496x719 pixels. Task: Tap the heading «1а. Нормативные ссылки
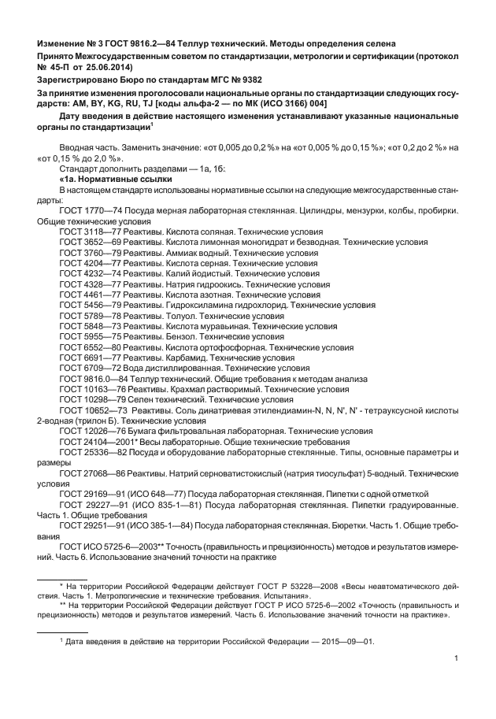[116, 179]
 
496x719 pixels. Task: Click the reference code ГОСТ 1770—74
[88, 211]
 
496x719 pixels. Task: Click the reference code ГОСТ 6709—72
[88, 368]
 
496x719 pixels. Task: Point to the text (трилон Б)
[88, 421]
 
